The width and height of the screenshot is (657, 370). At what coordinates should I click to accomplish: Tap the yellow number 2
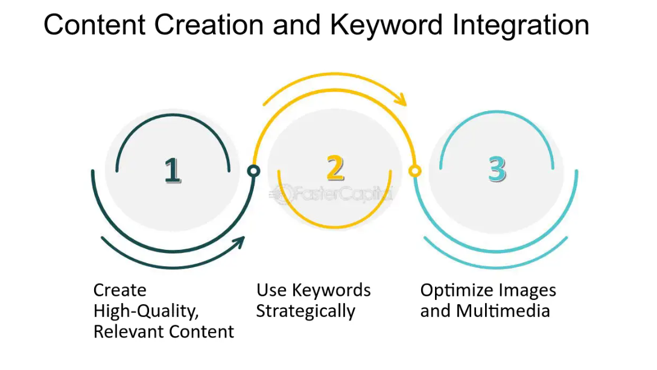click(335, 168)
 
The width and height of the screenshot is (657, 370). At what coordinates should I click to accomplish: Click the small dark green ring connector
click(254, 171)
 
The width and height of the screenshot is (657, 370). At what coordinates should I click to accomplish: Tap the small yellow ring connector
click(414, 171)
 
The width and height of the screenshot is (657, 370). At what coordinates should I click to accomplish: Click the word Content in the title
click(94, 25)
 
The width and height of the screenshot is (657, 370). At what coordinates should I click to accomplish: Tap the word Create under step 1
click(120, 290)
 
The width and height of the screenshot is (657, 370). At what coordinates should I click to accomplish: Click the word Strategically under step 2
click(306, 311)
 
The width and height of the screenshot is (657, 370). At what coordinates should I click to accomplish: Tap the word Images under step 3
click(525, 291)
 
